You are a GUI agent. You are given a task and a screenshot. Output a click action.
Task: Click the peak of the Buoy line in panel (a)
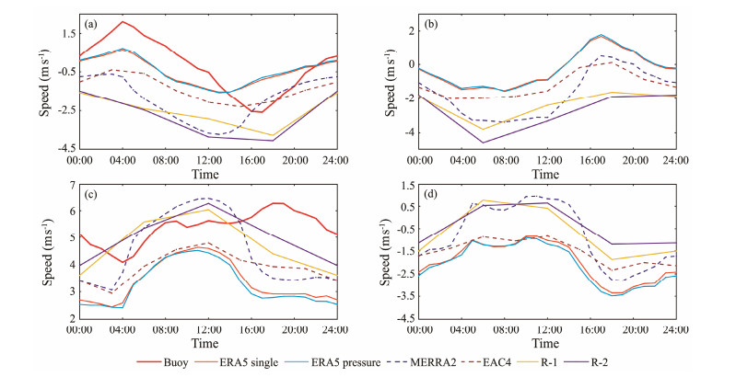[x=123, y=21]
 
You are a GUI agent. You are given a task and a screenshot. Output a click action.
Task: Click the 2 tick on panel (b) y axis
[x=409, y=30]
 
